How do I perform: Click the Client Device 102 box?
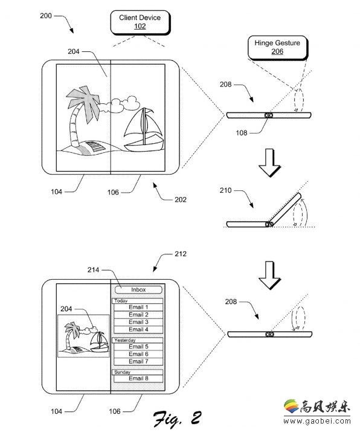click(140, 22)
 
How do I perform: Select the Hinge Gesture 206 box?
click(277, 48)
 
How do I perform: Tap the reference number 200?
click(46, 16)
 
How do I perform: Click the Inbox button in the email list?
click(138, 289)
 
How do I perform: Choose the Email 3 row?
click(138, 322)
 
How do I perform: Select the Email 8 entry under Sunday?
click(138, 378)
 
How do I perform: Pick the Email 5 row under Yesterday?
click(138, 347)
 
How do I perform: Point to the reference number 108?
click(242, 133)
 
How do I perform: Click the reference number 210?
click(225, 190)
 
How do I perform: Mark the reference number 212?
click(181, 254)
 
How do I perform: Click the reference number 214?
click(93, 270)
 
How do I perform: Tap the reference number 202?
click(181, 199)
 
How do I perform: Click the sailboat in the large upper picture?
click(143, 130)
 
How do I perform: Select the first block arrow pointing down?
click(269, 163)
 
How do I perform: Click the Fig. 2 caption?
click(178, 418)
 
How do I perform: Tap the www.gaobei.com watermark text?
click(317, 421)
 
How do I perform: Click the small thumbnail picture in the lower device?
click(83, 336)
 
